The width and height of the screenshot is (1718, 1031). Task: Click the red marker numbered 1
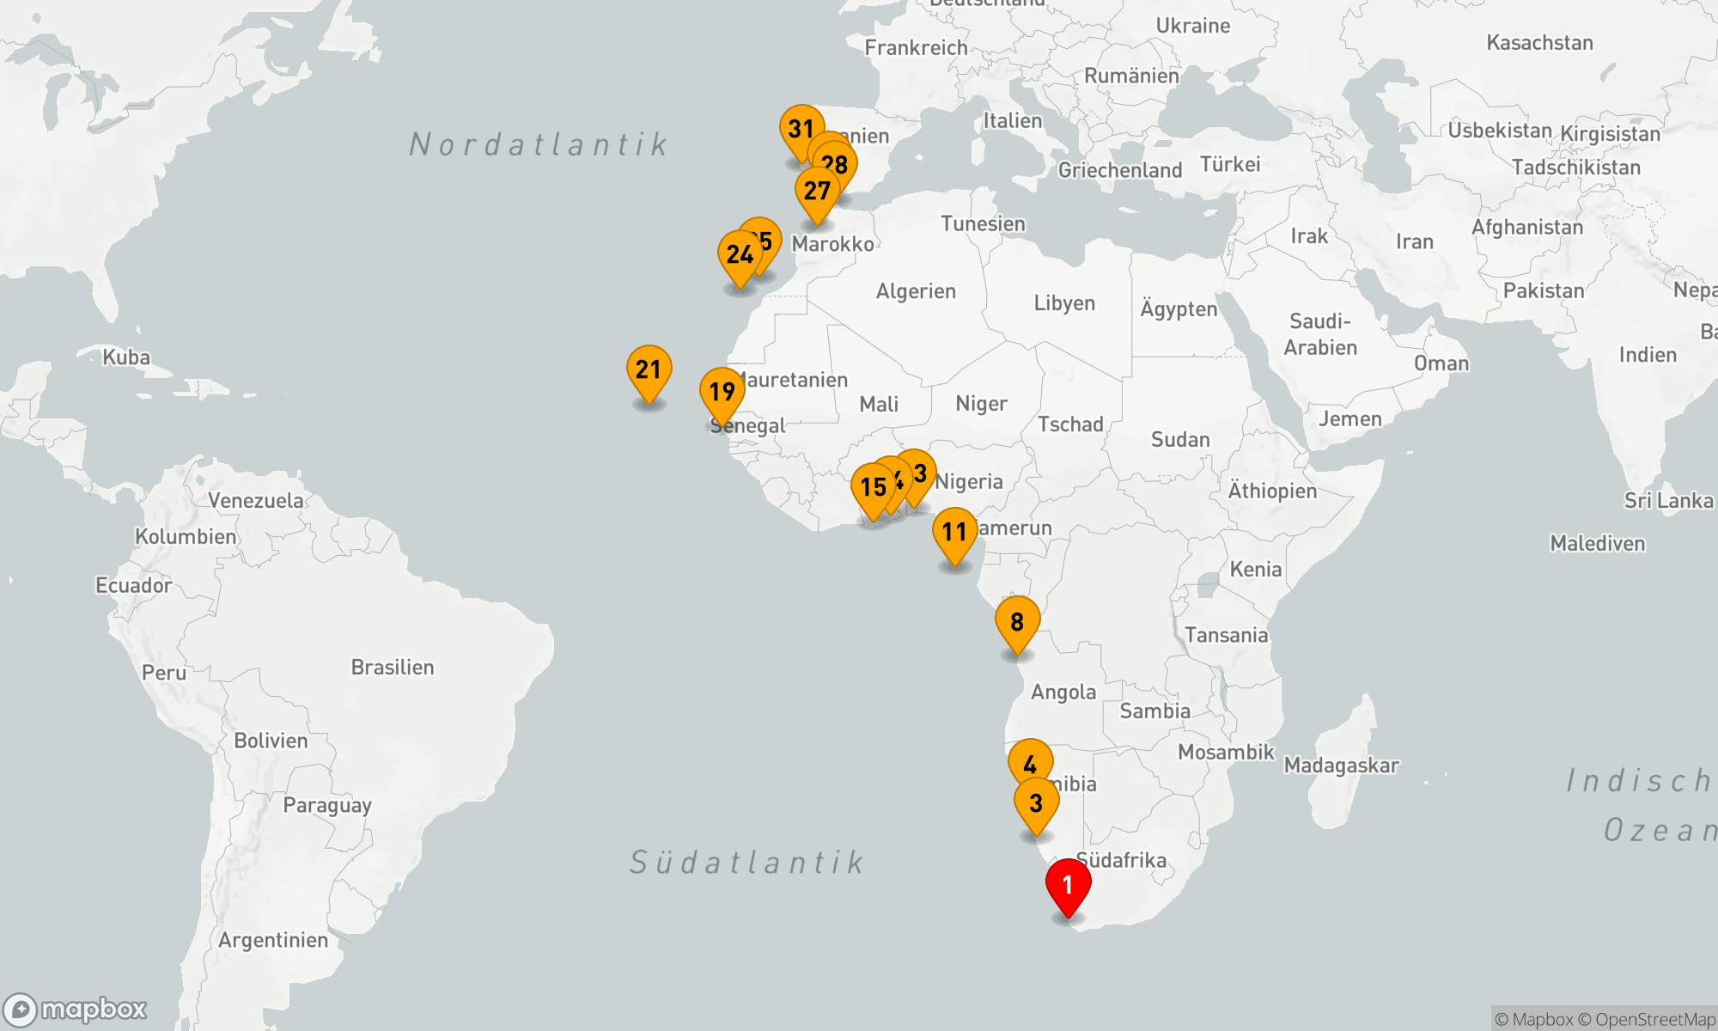(x=1068, y=885)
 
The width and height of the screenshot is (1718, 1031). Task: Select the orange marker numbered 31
(x=801, y=130)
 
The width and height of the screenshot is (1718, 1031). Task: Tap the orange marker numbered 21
(x=649, y=370)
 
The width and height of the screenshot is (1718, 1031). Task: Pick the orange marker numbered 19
(x=722, y=392)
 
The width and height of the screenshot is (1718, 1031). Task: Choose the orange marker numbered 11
(x=954, y=532)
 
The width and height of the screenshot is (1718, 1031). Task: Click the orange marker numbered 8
(x=1017, y=621)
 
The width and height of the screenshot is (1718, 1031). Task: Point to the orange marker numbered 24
(x=740, y=255)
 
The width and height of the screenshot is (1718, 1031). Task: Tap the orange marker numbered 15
(x=873, y=487)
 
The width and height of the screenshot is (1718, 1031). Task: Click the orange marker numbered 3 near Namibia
(x=1036, y=803)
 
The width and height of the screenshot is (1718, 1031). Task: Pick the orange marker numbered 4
(x=1030, y=763)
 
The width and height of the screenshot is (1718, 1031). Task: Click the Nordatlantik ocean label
(x=539, y=144)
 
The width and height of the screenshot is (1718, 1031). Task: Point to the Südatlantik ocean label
(x=746, y=862)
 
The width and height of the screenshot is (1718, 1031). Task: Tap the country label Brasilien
(x=393, y=668)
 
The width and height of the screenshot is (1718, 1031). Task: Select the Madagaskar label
(x=1341, y=766)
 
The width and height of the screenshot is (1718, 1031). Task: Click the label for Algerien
(x=916, y=292)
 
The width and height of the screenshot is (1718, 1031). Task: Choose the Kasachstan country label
(x=1539, y=43)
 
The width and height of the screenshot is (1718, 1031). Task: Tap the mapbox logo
(x=76, y=1010)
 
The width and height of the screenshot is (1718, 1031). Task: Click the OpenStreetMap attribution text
(x=1654, y=1020)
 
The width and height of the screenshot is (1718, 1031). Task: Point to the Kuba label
(x=126, y=357)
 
